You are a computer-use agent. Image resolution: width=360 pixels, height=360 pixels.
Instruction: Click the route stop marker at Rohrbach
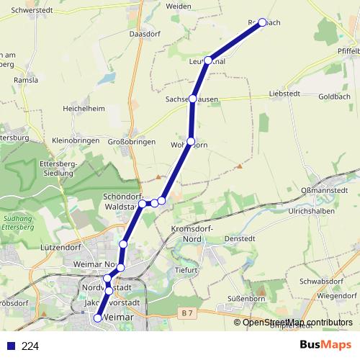(262, 22)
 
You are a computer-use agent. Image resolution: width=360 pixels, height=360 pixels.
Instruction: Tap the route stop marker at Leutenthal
(208, 60)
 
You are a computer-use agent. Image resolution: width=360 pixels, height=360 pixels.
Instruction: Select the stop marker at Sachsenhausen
(192, 99)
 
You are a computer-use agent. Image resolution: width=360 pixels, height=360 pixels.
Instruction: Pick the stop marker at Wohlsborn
(190, 141)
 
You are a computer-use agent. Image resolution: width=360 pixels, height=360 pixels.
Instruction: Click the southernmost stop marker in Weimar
(98, 318)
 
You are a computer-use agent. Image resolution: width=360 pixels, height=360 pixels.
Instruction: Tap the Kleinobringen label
(75, 140)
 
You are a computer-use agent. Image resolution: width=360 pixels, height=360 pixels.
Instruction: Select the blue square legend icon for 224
(11, 346)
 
